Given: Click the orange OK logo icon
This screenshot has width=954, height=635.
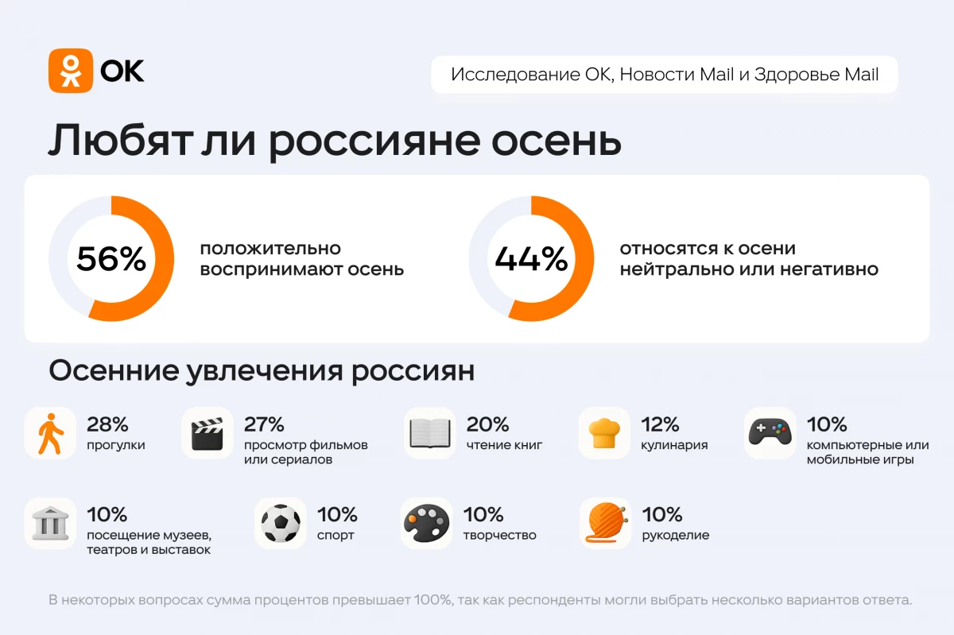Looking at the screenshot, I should (71, 71).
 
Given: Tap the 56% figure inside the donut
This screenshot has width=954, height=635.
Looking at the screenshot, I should (111, 259).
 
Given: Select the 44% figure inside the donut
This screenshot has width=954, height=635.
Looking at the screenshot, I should (531, 259).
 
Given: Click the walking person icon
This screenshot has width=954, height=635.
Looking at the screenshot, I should (51, 434).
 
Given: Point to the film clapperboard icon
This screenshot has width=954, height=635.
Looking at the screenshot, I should (207, 434).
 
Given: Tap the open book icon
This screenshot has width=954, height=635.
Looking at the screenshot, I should (429, 434).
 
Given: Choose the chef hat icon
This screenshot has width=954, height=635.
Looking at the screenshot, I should (604, 434).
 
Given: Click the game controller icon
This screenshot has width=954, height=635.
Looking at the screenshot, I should (770, 434).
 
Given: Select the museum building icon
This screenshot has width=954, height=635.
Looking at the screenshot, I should (51, 524).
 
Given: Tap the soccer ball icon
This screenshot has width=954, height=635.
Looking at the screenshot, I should (281, 524).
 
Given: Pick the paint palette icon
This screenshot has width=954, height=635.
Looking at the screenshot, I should (427, 524).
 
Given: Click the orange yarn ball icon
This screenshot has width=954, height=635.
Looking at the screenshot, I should (605, 524).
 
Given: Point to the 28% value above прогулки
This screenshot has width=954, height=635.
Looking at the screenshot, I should (107, 424).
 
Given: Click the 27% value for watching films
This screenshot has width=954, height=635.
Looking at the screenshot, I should (264, 424).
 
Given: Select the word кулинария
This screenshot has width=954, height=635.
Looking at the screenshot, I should (674, 445).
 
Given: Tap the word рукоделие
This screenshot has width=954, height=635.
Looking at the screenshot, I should (675, 535).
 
